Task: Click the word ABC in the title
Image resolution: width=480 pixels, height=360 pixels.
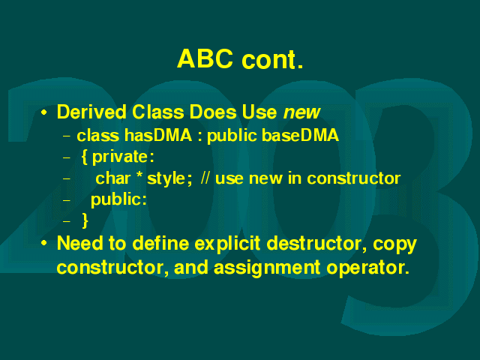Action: (205, 58)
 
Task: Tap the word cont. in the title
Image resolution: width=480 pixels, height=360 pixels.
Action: (272, 59)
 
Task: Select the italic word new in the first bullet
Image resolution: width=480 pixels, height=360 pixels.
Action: (301, 112)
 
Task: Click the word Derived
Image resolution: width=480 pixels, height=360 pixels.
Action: (91, 112)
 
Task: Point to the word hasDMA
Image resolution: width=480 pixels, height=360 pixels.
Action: (158, 135)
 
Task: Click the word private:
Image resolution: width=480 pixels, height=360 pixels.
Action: (123, 157)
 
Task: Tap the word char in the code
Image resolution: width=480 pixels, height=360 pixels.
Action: (113, 178)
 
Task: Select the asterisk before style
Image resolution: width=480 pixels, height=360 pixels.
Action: (139, 175)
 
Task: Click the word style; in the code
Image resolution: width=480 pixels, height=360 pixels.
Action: (170, 178)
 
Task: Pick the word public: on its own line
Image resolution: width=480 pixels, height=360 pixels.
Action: (118, 200)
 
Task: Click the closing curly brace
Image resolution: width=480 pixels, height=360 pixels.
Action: (85, 220)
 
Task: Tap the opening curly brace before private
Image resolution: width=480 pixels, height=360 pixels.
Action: (85, 157)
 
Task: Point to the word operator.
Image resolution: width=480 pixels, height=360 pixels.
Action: (368, 268)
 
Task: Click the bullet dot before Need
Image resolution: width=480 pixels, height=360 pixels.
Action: (44, 243)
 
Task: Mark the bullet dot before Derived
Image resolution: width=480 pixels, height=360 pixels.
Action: (44, 112)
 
